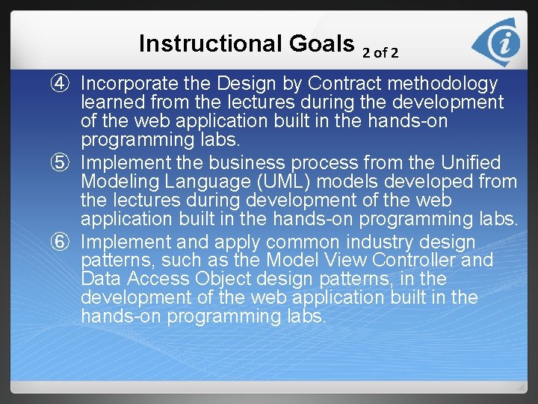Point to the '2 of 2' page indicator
[380, 53]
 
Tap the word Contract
[344, 84]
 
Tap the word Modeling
[117, 182]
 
